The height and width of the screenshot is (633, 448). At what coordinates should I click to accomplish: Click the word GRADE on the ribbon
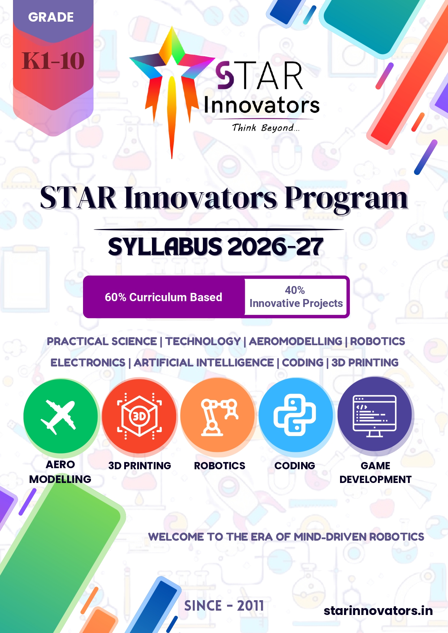click(51, 17)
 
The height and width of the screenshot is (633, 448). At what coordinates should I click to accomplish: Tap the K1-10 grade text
click(53, 61)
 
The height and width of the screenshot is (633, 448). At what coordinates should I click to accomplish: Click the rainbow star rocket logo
click(172, 90)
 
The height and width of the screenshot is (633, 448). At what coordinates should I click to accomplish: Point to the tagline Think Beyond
click(266, 128)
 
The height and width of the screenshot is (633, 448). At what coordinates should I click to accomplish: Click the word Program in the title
click(346, 198)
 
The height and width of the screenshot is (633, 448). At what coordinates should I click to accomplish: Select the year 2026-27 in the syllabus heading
click(275, 247)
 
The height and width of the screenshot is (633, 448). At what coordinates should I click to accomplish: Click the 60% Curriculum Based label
click(164, 297)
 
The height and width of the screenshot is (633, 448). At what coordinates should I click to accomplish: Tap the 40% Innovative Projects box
click(296, 297)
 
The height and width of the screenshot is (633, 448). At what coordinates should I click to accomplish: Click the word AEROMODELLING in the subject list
click(296, 341)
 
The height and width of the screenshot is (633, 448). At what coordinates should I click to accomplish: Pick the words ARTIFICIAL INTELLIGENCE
click(204, 362)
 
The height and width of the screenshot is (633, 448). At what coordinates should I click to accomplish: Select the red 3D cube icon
click(139, 416)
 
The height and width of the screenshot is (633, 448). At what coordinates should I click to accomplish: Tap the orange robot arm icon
click(218, 415)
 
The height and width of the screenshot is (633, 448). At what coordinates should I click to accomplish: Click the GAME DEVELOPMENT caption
click(375, 472)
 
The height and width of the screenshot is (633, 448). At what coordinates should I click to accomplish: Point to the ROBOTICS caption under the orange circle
click(219, 466)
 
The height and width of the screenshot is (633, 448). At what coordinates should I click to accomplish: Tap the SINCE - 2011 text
click(224, 606)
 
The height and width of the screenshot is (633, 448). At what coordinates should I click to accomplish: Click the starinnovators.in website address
click(378, 611)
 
